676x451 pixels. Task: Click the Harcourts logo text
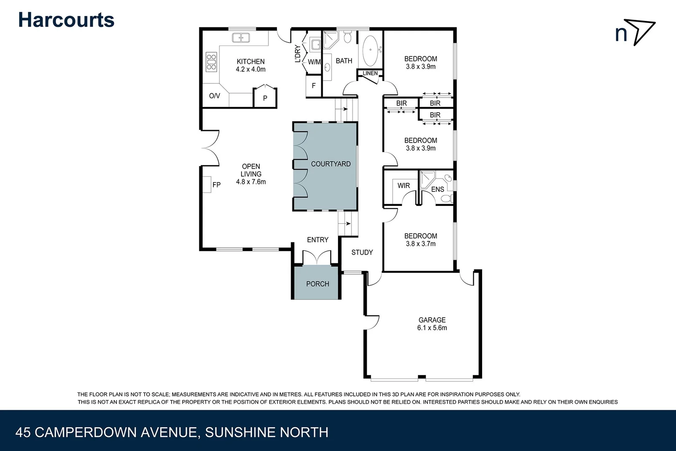tap(66, 20)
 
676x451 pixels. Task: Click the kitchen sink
tap(241, 38)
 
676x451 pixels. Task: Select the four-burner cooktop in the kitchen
tap(211, 61)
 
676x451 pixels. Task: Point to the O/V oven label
tap(214, 96)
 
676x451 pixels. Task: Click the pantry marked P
tap(265, 99)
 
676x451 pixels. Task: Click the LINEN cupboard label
tap(370, 73)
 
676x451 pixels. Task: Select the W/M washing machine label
tap(314, 62)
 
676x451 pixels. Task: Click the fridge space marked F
tap(313, 86)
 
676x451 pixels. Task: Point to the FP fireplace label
tap(216, 185)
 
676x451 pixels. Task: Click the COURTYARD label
tap(330, 164)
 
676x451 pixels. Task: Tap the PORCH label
tap(318, 284)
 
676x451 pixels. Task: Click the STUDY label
tap(362, 252)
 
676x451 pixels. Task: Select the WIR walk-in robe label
tap(403, 185)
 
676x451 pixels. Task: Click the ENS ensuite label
tap(437, 190)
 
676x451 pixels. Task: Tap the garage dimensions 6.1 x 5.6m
tap(432, 328)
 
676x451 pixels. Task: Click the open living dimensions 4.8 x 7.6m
tap(251, 182)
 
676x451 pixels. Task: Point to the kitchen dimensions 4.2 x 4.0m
tap(251, 70)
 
